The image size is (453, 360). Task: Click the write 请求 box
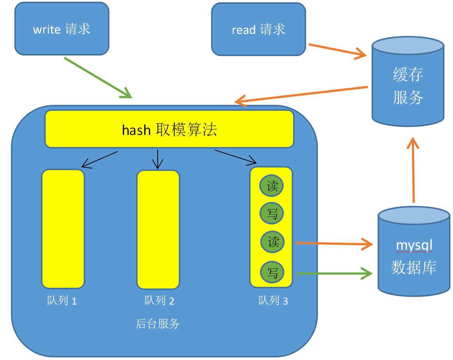62,29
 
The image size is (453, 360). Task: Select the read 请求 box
258,30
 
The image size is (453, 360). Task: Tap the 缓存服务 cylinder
408,82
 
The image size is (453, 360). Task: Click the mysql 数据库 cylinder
414,254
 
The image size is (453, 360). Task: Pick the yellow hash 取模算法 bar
169,129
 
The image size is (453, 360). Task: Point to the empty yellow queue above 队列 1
63,229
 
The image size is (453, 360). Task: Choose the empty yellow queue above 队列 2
158,229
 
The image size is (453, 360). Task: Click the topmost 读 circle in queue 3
272,186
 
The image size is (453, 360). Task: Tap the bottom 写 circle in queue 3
273,272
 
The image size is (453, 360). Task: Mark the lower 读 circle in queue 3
273,242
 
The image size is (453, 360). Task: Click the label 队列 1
62,301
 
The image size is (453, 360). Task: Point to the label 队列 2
159,301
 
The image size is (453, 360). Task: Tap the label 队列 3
273,301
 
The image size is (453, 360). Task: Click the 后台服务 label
157,324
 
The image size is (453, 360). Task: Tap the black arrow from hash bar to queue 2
157,159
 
